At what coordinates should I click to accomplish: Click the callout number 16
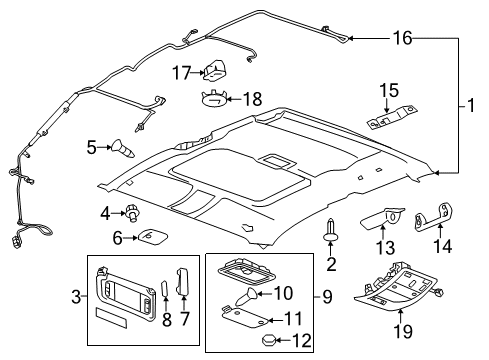coord(400,39)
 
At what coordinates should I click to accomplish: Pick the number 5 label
coord(92,148)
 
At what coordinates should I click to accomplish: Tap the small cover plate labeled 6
coord(153,237)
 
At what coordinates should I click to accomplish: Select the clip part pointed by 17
coord(215,70)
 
